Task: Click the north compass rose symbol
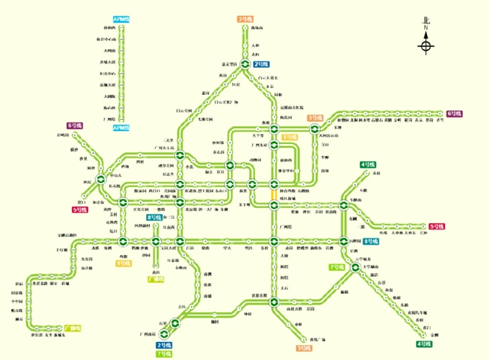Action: (426, 48)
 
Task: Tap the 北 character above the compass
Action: (426, 22)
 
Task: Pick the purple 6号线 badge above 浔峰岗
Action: (74, 125)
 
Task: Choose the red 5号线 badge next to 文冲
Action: (436, 227)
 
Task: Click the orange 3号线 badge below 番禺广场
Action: (303, 348)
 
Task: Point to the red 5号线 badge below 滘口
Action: (79, 210)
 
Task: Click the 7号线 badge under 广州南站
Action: (164, 354)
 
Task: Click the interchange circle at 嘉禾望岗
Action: (246, 64)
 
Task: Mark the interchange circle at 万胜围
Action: (344, 241)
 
